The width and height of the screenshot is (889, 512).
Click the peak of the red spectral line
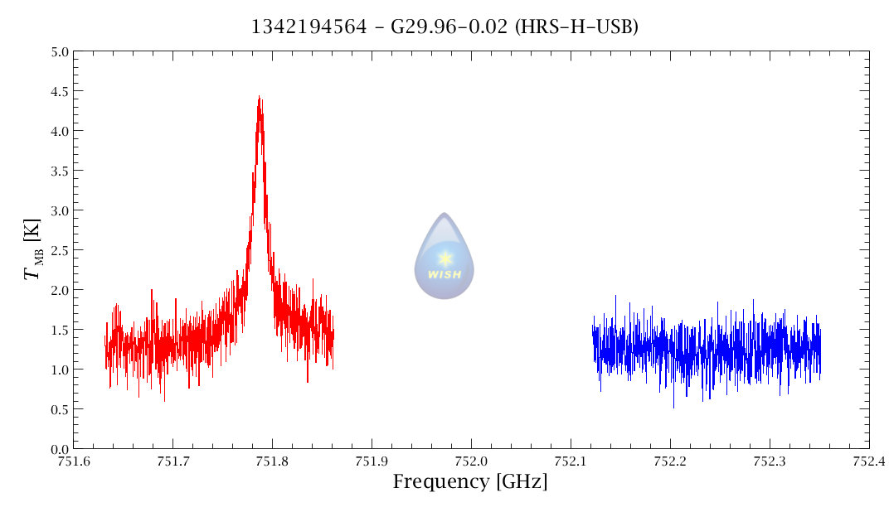(259, 97)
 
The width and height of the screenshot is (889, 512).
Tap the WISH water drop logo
(444, 256)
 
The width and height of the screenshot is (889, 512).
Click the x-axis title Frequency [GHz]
(470, 481)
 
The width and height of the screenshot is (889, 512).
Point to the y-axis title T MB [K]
(34, 249)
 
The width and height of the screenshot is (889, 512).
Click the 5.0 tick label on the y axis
(59, 51)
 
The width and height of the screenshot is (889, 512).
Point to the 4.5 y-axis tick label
(59, 91)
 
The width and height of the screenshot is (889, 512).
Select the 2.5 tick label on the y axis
(59, 250)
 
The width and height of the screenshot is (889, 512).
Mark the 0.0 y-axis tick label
(59, 448)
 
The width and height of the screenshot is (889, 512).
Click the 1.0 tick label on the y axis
(59, 370)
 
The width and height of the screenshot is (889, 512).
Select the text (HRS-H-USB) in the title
(576, 27)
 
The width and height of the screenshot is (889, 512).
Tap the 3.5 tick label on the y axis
(59, 171)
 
